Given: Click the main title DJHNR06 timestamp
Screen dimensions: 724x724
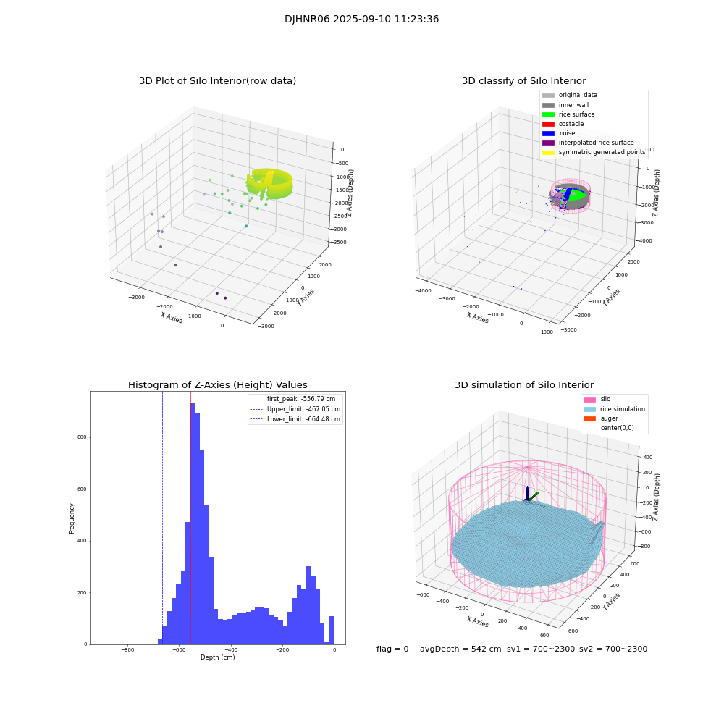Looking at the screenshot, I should pyautogui.click(x=361, y=20).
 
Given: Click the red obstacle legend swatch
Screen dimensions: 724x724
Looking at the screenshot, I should pyautogui.click(x=548, y=124).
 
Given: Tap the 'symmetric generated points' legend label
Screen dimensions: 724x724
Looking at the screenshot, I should pyautogui.click(x=602, y=152).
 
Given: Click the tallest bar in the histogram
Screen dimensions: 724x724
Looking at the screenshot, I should pyautogui.click(x=193, y=521).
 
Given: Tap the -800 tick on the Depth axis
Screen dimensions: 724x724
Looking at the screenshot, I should pyautogui.click(x=127, y=650).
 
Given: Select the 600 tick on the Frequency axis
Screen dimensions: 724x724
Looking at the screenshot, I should pyautogui.click(x=81, y=489).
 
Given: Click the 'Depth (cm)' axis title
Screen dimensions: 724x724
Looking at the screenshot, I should pyautogui.click(x=217, y=657).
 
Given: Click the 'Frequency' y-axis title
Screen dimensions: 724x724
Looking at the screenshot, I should pyautogui.click(x=72, y=518).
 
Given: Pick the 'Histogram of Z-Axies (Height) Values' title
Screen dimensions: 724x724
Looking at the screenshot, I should pyautogui.click(x=217, y=385).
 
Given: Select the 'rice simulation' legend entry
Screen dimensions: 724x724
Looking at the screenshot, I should pyautogui.click(x=622, y=409).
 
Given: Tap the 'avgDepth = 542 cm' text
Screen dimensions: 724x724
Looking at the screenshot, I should pyautogui.click(x=460, y=649).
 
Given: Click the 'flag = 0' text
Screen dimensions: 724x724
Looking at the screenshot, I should pyautogui.click(x=392, y=649).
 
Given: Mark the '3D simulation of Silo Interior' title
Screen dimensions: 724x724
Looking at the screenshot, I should pyautogui.click(x=523, y=385).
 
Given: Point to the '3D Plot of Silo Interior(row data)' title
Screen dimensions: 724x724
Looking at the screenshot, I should pyautogui.click(x=217, y=81).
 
